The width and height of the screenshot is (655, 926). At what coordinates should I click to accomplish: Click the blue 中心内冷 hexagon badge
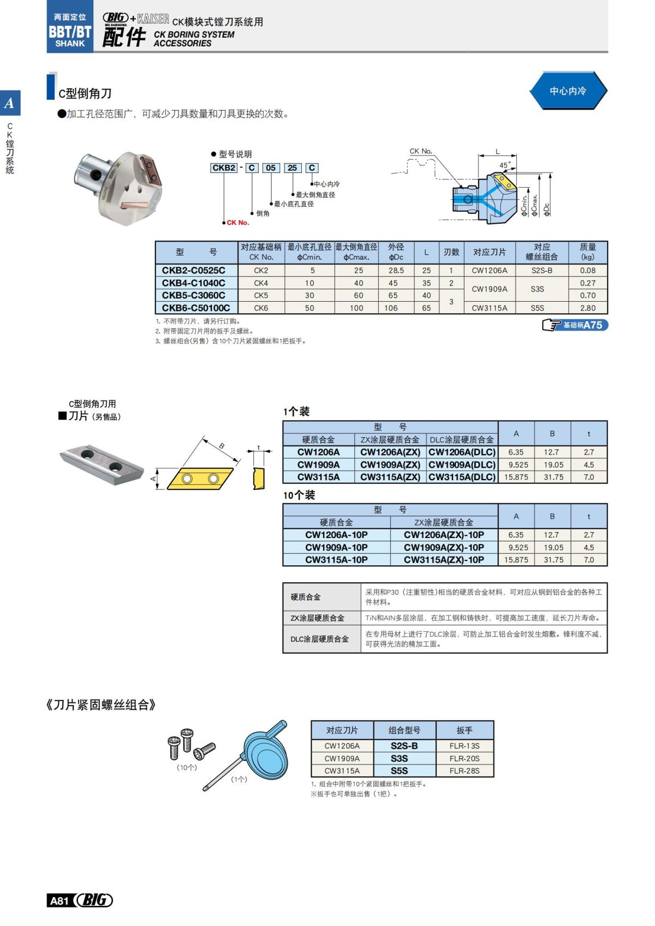[568, 91]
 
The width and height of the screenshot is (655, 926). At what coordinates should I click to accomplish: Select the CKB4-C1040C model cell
[193, 283]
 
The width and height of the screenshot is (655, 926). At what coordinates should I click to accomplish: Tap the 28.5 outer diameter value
[396, 270]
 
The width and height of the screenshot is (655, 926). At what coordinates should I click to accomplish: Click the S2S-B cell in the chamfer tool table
[541, 270]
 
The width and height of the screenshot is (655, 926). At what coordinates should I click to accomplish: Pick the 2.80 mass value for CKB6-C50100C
[587, 308]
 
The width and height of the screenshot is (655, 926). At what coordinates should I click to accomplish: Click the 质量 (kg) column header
[587, 252]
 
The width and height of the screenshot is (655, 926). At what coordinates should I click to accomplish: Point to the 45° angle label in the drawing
[505, 165]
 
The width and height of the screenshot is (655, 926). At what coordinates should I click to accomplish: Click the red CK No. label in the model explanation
[238, 223]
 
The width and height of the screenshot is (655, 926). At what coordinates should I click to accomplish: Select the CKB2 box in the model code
[224, 168]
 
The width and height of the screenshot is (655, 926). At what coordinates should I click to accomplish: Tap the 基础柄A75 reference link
[576, 325]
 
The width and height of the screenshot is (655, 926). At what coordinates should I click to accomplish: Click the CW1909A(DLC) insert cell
[462, 464]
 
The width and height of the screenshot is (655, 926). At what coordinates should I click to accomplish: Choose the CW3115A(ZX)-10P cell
[444, 560]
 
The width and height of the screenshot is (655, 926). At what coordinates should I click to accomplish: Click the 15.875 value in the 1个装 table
[516, 477]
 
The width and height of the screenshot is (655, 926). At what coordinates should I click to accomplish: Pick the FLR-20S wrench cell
[465, 758]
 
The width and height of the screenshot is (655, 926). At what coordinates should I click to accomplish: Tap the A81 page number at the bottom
[59, 900]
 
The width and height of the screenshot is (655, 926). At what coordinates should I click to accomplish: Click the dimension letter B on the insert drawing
[222, 446]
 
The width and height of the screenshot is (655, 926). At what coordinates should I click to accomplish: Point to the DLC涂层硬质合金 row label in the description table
[319, 639]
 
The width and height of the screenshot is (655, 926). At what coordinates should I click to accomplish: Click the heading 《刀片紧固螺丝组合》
[101, 705]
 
